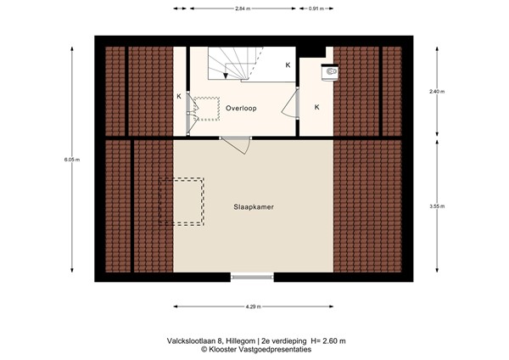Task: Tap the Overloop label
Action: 241,109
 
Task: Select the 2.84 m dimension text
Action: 244,9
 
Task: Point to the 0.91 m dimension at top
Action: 315,9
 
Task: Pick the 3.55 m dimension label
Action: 435,206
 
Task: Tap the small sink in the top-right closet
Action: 329,74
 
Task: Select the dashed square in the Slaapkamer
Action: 182,201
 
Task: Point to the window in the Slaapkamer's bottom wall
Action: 253,275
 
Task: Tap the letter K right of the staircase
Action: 288,65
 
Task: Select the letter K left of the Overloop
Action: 179,97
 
